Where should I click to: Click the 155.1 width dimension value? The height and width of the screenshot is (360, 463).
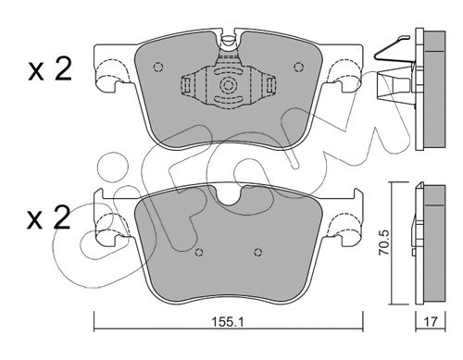point(228,322)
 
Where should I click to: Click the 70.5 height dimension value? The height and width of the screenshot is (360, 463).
point(384,242)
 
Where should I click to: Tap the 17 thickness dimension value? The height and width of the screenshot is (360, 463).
point(431,322)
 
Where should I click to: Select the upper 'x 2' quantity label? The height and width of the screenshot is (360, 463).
point(50,69)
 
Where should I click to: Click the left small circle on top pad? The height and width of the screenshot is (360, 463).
point(157,67)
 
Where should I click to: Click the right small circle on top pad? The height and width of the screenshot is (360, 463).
point(298,67)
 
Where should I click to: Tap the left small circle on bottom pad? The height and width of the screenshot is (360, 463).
point(200,253)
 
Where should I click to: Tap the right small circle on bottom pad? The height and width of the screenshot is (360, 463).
point(258,253)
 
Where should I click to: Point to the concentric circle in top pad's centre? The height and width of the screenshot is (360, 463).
point(228,85)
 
